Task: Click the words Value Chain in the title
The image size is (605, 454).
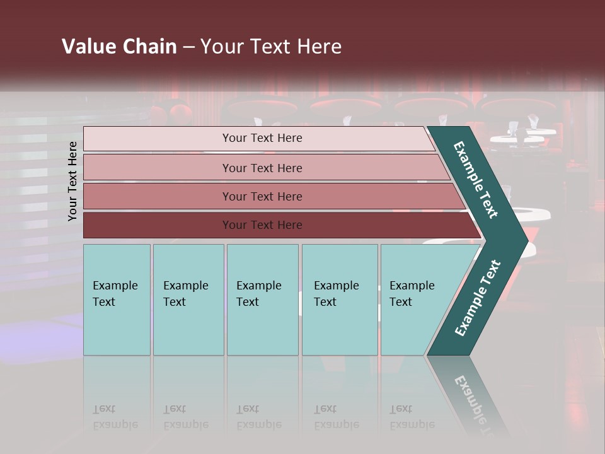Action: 119,47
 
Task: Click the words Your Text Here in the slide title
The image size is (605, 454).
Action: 271,47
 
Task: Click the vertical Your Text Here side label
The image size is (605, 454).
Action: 72,181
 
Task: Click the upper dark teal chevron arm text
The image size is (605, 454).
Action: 476,180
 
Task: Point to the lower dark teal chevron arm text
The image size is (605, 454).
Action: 478,298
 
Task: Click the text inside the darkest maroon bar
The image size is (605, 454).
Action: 262,225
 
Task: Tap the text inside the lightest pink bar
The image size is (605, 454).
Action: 262,138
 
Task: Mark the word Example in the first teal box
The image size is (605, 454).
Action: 115,286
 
